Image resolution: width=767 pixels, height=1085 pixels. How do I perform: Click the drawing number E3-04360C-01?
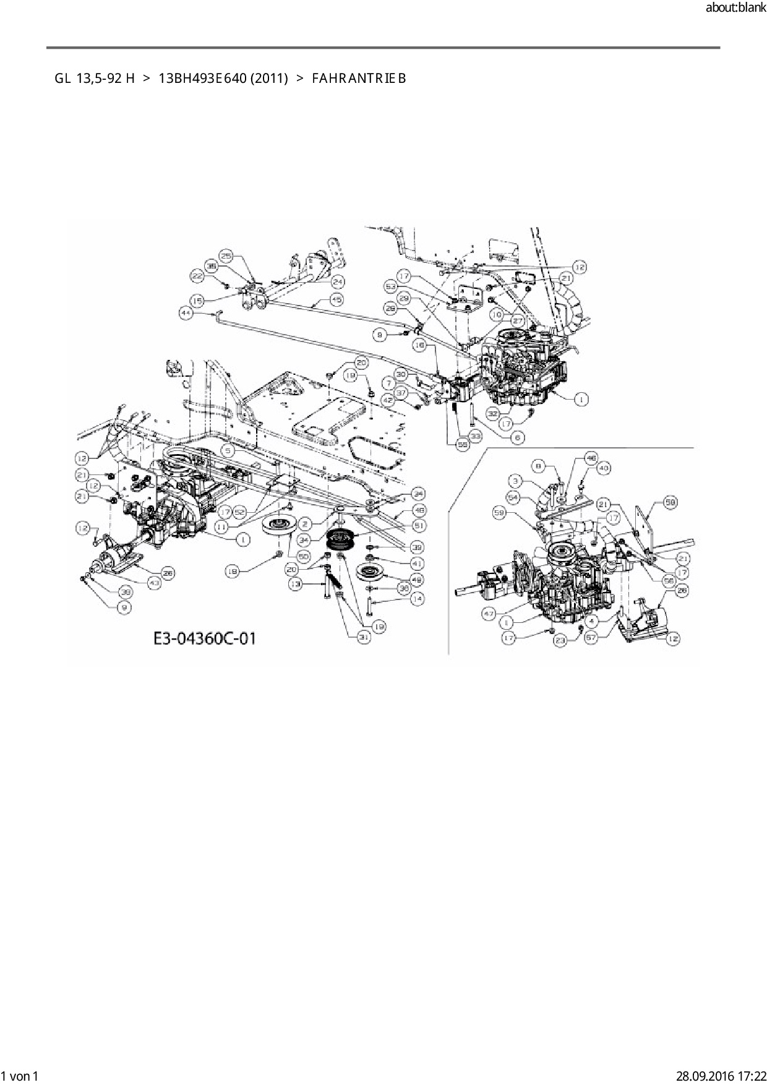(x=204, y=638)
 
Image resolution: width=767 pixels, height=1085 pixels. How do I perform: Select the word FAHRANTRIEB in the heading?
(x=359, y=79)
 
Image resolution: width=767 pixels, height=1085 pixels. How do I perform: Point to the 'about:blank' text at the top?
(x=735, y=8)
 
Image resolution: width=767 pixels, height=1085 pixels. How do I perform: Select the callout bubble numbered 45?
(x=336, y=299)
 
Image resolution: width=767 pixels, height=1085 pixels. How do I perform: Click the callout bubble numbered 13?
(x=297, y=584)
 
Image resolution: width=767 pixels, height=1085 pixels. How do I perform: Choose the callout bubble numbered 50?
(x=303, y=557)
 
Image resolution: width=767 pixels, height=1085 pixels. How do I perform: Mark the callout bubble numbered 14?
(x=417, y=599)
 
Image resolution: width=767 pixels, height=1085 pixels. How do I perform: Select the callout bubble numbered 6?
(x=518, y=437)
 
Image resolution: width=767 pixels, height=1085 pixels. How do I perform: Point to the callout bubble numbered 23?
(x=560, y=641)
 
